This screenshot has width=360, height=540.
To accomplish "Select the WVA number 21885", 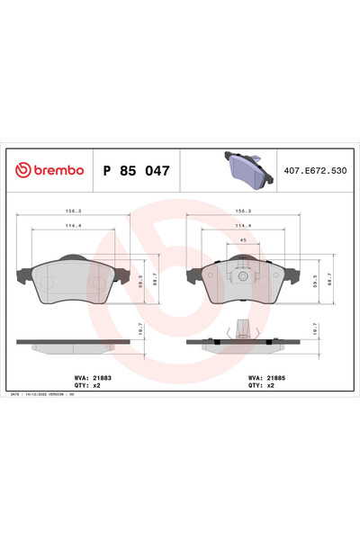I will [267, 378].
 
